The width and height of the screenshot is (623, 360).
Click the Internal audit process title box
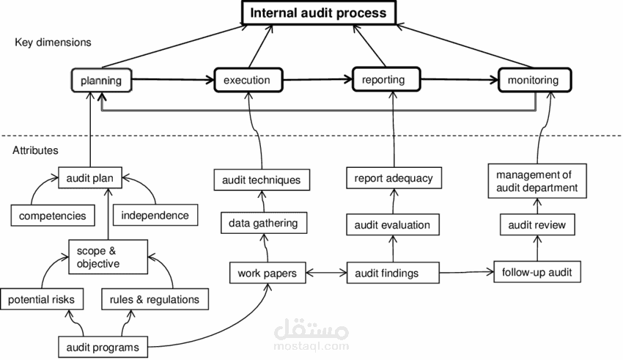click(x=318, y=12)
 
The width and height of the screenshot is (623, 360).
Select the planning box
click(x=101, y=80)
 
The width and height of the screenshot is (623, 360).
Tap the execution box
click(x=247, y=80)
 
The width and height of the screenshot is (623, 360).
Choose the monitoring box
click(x=533, y=80)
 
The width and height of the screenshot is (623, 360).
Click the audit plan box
click(x=89, y=177)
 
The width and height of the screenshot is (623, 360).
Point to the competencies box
click(x=53, y=216)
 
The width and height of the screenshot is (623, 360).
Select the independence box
click(x=155, y=216)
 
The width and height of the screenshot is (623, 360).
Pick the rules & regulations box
click(x=154, y=299)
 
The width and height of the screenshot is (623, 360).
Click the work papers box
click(x=267, y=273)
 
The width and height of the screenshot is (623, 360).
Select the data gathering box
click(x=263, y=222)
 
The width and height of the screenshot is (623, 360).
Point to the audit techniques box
click(x=261, y=178)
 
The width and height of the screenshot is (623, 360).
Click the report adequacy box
click(x=393, y=177)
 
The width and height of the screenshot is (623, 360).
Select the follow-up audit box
click(x=537, y=273)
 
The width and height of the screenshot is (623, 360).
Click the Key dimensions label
click(x=53, y=43)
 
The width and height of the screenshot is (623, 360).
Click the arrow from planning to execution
click(x=172, y=80)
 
